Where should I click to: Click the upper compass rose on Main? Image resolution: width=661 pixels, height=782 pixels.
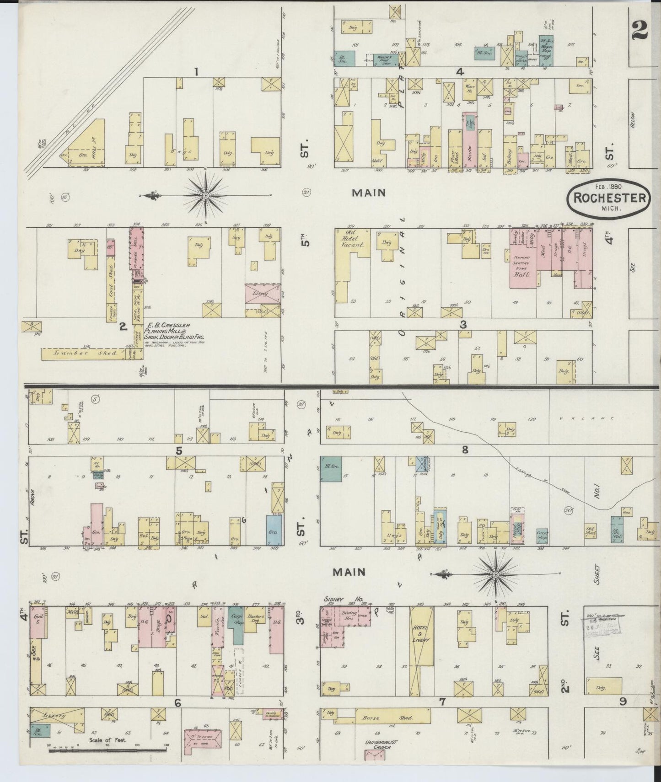206,195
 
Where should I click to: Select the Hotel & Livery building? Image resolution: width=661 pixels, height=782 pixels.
421,649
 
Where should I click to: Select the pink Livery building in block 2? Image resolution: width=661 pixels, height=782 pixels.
263,293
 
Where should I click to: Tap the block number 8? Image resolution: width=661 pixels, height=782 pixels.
465,450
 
